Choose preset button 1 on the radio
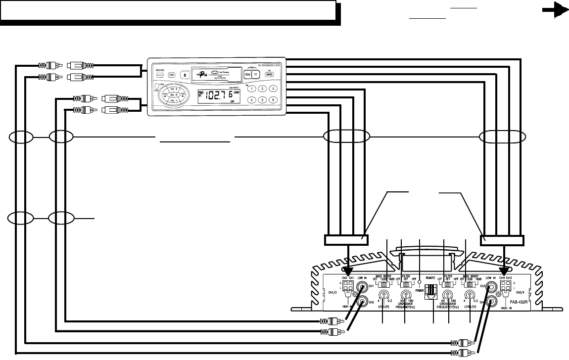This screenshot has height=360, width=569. point(252,89)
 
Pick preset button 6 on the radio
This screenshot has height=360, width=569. point(272,99)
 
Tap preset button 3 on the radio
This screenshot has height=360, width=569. point(272,89)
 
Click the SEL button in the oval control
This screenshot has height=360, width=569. point(173,94)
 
